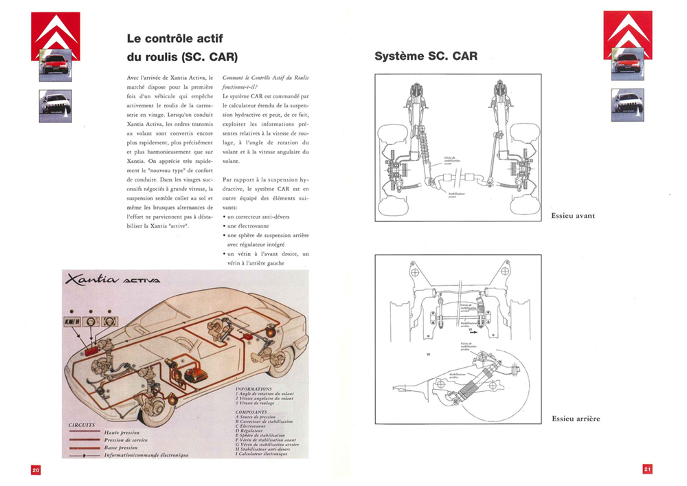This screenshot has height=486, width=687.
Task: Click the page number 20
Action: pyautogui.click(x=36, y=470)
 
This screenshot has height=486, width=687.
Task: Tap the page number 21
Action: pyautogui.click(x=647, y=470)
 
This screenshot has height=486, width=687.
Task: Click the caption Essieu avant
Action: pyautogui.click(x=573, y=216)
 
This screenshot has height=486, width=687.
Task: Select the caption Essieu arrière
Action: pyautogui.click(x=576, y=419)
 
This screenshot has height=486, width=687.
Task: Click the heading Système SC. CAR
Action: pyautogui.click(x=426, y=56)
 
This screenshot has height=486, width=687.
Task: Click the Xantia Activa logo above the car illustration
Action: pyautogui.click(x=113, y=279)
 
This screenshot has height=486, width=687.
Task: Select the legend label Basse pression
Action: pyautogui.click(x=124, y=448)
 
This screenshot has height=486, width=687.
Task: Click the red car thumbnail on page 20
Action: pyautogui.click(x=54, y=65)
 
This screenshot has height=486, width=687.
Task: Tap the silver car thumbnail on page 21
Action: pyautogui.click(x=627, y=105)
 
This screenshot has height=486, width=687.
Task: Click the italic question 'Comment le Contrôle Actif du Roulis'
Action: pyautogui.click(x=266, y=80)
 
